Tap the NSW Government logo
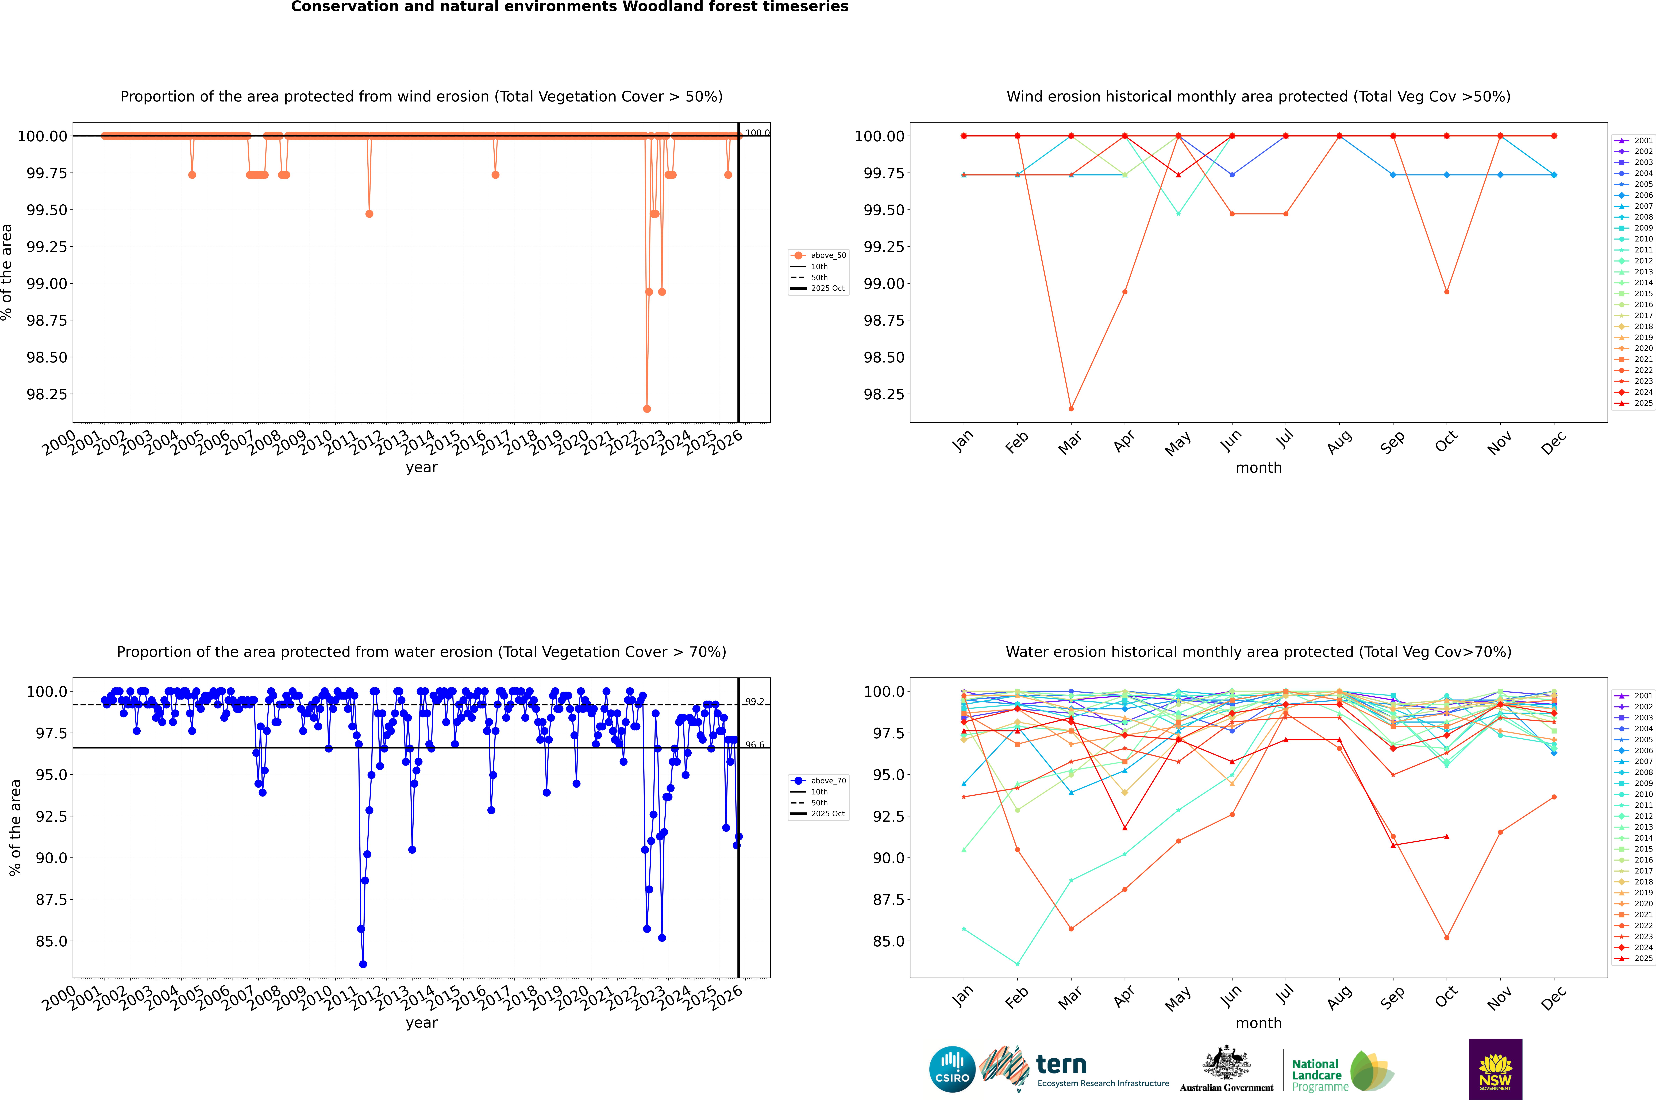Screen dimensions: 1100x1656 [x=1495, y=1069]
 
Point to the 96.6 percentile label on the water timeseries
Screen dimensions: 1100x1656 [x=755, y=745]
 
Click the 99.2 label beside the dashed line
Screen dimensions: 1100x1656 [x=755, y=701]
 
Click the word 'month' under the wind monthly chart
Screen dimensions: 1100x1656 [x=1259, y=468]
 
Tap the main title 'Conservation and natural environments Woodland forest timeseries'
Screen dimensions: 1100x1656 [x=569, y=7]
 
